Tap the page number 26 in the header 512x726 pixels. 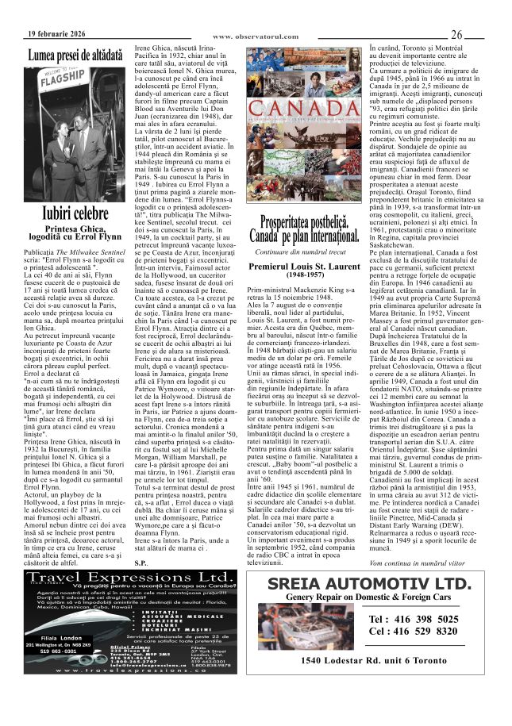pyautogui.click(x=456, y=35)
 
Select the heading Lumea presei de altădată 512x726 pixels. pyautogui.click(x=75, y=56)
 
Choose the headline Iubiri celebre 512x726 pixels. pyautogui.click(x=75, y=213)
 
